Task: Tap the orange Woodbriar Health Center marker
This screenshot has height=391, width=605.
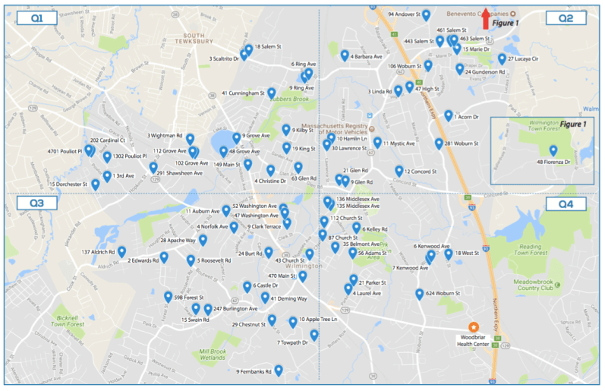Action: (473, 324)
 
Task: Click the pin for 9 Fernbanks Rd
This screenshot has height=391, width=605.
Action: (279, 370)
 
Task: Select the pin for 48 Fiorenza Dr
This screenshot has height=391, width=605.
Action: (553, 150)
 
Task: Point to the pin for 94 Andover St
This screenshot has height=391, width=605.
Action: (426, 14)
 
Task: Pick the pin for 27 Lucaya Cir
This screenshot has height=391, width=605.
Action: (502, 58)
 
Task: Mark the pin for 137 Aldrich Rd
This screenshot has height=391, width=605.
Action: (121, 251)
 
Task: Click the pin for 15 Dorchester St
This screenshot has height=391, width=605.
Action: (96, 184)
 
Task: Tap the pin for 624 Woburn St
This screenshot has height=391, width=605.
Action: (419, 294)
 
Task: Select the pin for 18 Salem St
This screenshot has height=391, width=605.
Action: (248, 49)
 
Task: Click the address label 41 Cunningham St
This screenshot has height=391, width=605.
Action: (243, 93)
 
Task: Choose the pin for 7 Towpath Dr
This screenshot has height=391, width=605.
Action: (314, 334)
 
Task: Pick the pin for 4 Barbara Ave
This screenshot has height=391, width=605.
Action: (345, 55)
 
